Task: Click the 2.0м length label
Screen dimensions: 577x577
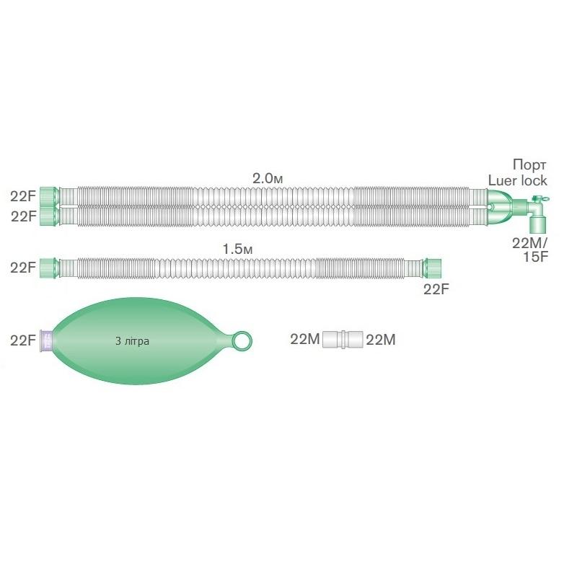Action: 268,178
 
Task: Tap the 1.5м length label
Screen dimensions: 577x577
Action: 238,249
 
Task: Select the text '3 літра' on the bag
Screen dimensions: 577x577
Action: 132,341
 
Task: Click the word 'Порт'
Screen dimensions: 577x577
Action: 529,165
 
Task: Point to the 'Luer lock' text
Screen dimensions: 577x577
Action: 518,181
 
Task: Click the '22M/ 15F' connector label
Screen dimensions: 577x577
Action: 530,250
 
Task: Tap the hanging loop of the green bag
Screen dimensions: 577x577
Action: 242,340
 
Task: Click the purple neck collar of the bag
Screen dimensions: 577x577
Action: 47,340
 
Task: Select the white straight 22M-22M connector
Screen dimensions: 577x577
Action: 343,339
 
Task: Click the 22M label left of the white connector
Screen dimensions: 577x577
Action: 305,339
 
